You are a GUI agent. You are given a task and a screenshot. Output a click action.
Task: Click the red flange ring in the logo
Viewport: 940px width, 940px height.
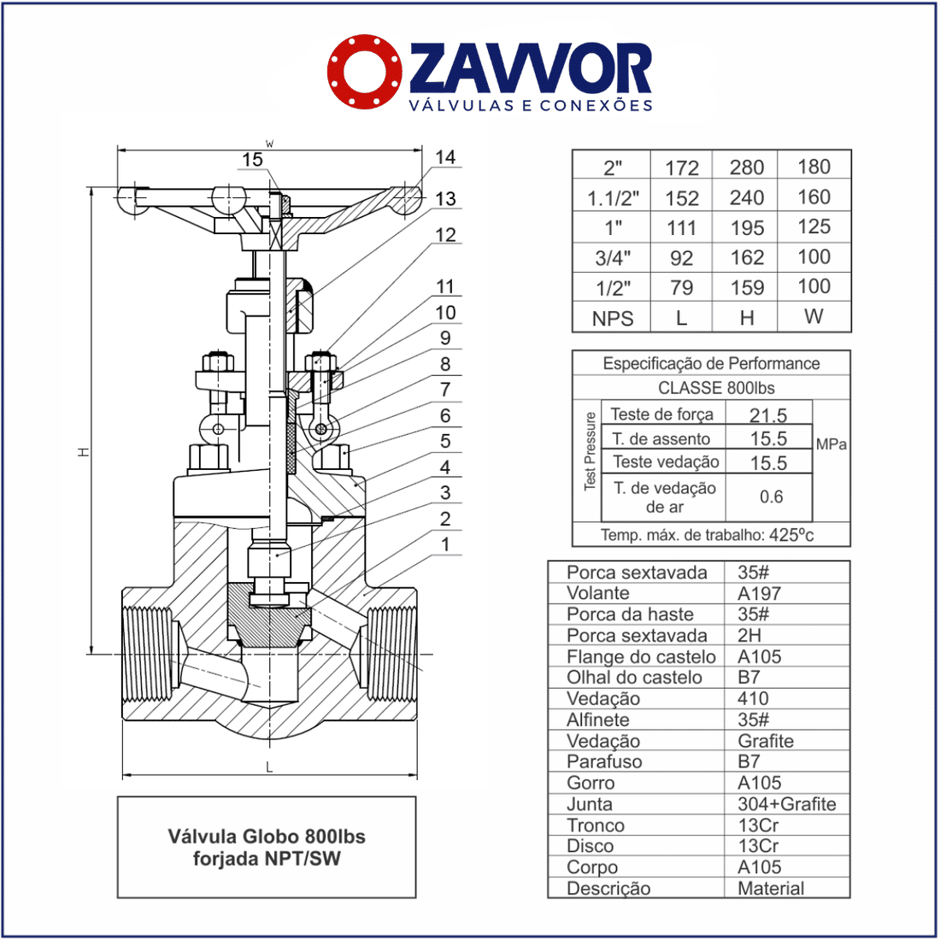click(x=365, y=71)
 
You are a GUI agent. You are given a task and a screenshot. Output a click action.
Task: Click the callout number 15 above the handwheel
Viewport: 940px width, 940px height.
click(x=252, y=160)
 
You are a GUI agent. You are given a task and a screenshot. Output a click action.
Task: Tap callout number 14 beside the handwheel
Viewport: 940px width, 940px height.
click(x=445, y=157)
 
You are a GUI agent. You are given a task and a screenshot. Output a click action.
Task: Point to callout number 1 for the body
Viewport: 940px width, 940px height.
click(x=445, y=545)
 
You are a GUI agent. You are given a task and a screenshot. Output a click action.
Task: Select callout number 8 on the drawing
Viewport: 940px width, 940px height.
click(x=445, y=364)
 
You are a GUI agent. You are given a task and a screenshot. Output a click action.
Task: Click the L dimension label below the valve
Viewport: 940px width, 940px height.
click(x=269, y=767)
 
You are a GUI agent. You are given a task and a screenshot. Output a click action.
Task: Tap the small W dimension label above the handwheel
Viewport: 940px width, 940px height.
click(x=270, y=144)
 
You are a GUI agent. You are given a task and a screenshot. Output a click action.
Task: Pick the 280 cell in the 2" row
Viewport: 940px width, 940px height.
click(x=746, y=167)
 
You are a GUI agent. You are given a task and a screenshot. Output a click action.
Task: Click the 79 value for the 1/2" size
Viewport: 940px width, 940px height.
click(x=681, y=288)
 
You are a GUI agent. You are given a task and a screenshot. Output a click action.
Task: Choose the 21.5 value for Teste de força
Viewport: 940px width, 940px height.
click(x=768, y=415)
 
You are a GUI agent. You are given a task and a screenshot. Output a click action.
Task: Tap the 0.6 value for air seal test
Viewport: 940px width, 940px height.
click(x=771, y=496)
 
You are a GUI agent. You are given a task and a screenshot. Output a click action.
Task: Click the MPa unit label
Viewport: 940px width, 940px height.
click(x=831, y=444)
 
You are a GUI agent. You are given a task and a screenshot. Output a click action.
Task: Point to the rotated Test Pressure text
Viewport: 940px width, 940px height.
click(x=590, y=451)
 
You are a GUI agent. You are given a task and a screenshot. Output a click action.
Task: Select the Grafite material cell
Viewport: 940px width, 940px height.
click(x=766, y=741)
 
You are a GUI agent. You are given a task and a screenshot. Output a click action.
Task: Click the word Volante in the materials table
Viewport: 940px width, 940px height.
click(x=597, y=594)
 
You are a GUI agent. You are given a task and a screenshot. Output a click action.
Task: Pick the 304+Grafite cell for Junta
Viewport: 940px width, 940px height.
click(x=786, y=804)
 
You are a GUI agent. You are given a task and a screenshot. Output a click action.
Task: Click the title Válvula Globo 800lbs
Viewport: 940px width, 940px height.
click(x=267, y=837)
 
